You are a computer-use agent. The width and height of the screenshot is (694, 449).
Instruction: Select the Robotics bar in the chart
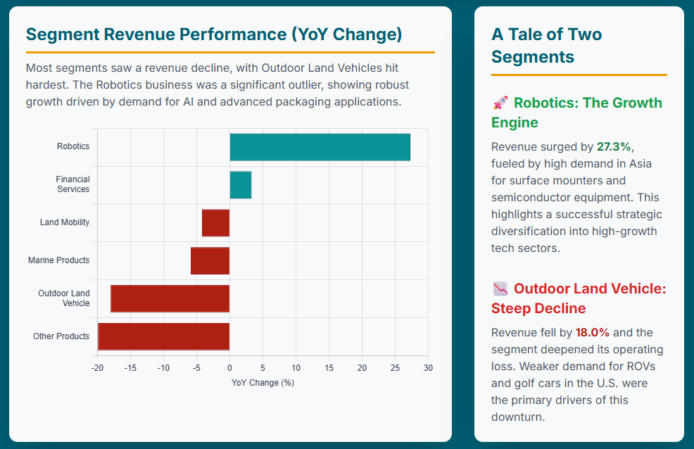tap(320, 146)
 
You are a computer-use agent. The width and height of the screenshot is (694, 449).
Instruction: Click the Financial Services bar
tap(240, 184)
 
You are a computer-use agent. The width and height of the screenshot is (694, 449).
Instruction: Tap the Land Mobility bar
tap(215, 222)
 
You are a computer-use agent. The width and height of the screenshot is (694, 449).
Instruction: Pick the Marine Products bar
tap(210, 260)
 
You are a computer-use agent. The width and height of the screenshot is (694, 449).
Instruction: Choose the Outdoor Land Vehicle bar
tap(170, 298)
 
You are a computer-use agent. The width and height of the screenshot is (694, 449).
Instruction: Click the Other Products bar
tap(163, 336)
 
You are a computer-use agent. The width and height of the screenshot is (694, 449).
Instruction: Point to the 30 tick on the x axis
tap(428, 368)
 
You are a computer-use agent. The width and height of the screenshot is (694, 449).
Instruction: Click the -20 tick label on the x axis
tap(97, 368)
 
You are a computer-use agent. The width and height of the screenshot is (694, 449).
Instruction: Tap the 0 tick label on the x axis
tap(229, 368)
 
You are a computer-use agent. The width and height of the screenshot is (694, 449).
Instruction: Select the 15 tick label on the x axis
tap(329, 368)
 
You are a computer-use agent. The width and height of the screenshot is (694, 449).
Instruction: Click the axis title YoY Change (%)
tap(263, 383)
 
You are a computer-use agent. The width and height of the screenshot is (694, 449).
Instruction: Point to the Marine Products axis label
tap(58, 260)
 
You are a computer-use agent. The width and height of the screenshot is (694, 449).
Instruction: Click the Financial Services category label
tap(72, 184)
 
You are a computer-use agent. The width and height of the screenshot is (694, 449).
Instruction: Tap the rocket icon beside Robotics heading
tap(500, 103)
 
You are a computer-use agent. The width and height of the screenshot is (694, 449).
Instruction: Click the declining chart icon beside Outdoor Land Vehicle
tap(500, 289)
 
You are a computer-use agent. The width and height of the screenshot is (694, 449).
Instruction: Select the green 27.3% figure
tap(614, 146)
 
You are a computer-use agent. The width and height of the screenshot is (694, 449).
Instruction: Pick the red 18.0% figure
tap(593, 332)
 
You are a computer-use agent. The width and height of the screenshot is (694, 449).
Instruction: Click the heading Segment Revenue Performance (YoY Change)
tap(214, 34)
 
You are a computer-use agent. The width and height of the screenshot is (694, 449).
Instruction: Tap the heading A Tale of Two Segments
tap(546, 45)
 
